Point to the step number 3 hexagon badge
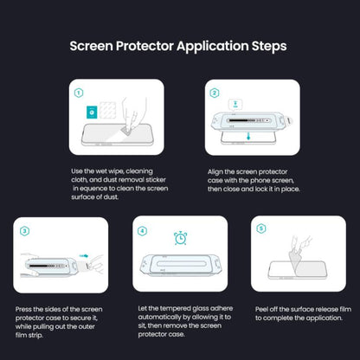(x=25, y=230)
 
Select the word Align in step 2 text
(x=216, y=171)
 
